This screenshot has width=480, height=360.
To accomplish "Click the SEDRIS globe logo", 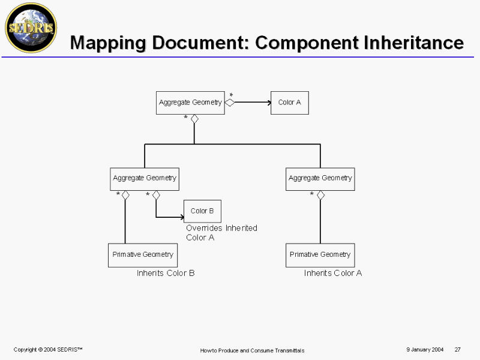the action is point(31,28).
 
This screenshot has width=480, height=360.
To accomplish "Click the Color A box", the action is point(290,103).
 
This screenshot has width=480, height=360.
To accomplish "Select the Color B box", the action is point(202,211).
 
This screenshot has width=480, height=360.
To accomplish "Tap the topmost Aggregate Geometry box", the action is point(190,103).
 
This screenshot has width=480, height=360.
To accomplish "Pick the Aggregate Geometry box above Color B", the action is point(145,179).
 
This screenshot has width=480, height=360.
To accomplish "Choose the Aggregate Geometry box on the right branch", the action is point(320,179).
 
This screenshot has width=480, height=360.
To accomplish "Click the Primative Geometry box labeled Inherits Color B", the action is point(143,256).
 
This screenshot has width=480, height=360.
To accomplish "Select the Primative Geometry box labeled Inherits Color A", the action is point(320,256).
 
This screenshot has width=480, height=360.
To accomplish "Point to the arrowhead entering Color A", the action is point(269,103).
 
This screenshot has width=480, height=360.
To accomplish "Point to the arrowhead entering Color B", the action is point(182,217).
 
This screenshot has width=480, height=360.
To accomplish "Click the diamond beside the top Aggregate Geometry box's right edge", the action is point(230,103).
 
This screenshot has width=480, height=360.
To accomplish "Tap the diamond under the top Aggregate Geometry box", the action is point(194,119).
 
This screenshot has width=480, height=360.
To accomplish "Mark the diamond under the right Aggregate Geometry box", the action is point(320,196).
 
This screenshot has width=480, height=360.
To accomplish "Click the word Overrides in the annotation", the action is point(204,228).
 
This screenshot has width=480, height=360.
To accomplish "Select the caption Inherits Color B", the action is point(166,273).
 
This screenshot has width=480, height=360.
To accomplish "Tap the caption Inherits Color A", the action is point(333,273).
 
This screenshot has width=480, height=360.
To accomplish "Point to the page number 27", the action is point(458,349).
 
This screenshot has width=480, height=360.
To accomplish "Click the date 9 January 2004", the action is point(425,349).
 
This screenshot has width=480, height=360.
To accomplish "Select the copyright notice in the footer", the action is point(48,350).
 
